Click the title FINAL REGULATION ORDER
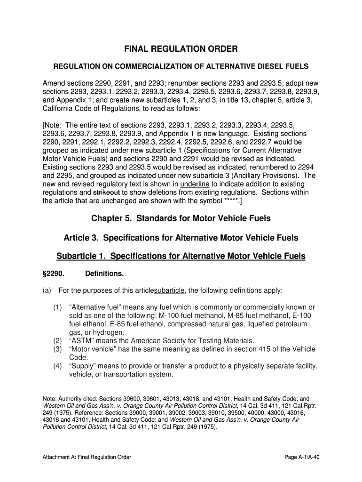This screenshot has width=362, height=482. (x=181, y=49)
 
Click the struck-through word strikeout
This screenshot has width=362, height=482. (x=107, y=193)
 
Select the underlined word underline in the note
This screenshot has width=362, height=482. (x=195, y=184)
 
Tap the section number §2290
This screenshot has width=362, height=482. (x=53, y=273)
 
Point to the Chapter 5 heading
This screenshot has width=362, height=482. (x=181, y=218)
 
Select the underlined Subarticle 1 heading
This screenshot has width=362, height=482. (x=181, y=256)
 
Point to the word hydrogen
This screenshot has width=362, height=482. (x=96, y=332)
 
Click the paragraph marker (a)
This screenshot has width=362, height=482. (x=47, y=290)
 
